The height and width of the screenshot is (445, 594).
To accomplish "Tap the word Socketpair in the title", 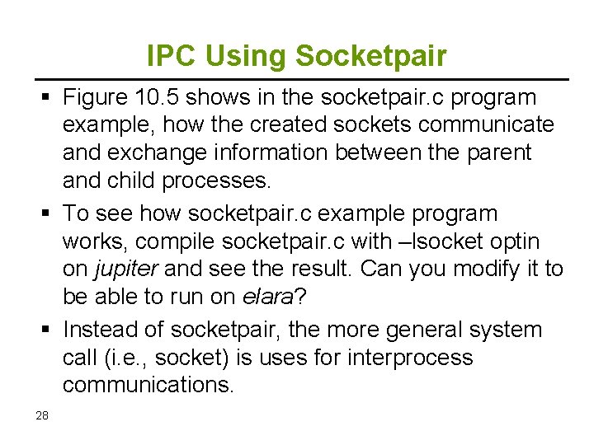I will pos(370,56).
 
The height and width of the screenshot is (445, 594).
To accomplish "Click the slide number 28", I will pos(42,415).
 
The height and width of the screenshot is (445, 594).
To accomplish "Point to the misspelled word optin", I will pos(522,241).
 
